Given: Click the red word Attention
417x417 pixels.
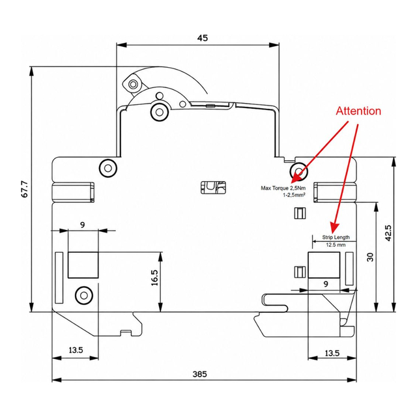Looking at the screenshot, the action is click(x=358, y=111).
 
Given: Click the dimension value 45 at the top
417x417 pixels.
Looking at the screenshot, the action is click(x=203, y=38).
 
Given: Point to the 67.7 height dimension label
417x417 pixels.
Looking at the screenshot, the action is click(x=25, y=189).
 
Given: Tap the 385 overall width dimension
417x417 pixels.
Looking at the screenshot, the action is click(x=200, y=374).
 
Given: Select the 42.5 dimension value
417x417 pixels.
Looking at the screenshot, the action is click(x=388, y=233).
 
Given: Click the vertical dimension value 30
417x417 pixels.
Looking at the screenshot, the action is click(x=370, y=257).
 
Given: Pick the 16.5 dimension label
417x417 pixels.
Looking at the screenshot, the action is click(x=154, y=278).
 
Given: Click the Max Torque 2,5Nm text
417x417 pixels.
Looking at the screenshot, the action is click(x=283, y=188).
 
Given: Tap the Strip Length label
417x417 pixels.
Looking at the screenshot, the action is click(x=336, y=237).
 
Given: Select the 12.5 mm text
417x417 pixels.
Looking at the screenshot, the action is click(x=336, y=245).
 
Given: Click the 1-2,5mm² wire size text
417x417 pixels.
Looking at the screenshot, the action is click(x=294, y=195).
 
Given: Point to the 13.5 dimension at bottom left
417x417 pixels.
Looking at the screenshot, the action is click(x=76, y=350).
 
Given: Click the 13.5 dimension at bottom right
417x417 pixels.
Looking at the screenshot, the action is click(x=332, y=353).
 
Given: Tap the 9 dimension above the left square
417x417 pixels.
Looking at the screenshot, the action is click(x=83, y=225).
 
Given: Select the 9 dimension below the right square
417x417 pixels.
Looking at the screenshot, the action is click(x=326, y=284).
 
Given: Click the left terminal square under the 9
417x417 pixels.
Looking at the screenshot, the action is click(x=83, y=265).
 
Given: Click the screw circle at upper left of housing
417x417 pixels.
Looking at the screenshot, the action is click(x=108, y=168).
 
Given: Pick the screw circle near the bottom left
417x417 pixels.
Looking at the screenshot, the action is click(x=84, y=295).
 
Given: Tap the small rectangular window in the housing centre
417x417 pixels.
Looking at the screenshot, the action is click(x=213, y=188).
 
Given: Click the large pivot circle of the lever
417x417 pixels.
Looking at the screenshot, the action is click(x=159, y=111).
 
